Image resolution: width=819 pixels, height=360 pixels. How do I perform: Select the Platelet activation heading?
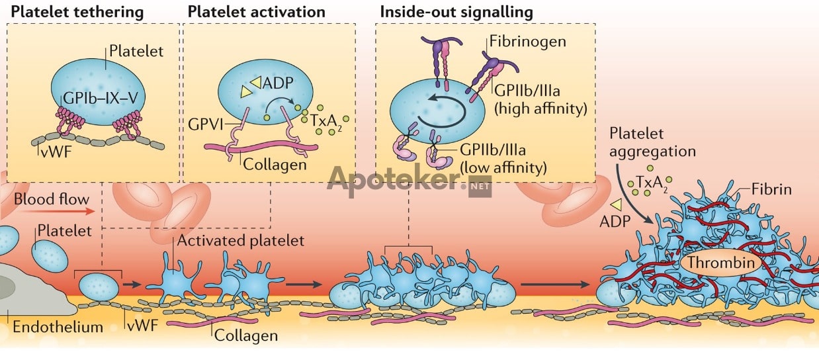coord(256,12)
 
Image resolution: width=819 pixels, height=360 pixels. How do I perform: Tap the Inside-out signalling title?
coord(456,12)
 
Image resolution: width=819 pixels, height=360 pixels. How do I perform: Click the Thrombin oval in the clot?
coord(720,263)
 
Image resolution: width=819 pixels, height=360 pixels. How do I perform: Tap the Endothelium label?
coord(58,326)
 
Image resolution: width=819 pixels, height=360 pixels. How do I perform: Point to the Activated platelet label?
coord(240,240)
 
